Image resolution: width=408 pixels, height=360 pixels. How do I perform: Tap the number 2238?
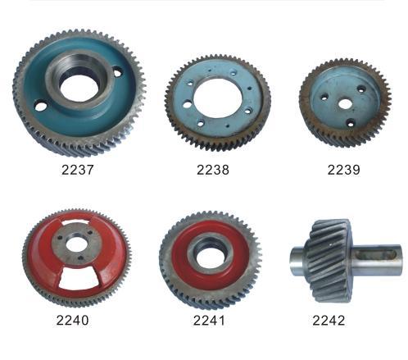coord(212,171)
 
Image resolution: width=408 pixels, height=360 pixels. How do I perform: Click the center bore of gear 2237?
coord(79,82)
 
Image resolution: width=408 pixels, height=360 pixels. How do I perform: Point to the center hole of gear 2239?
coord(344,104)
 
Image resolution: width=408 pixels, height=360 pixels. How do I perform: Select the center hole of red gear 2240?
coord(79,244)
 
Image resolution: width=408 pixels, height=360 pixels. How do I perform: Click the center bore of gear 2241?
coord(210,256)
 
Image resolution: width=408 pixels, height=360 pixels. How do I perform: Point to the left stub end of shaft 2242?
coord(297,263)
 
